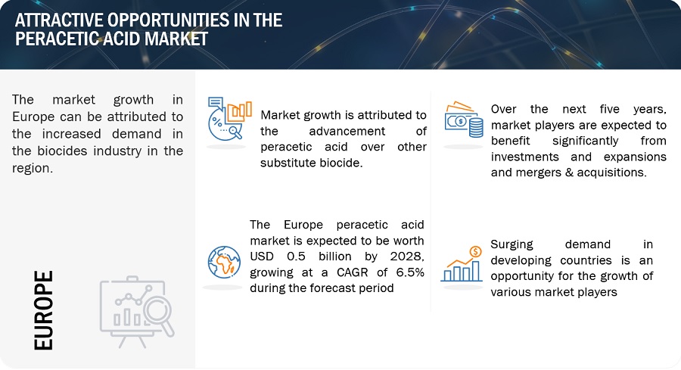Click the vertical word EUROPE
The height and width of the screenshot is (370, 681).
click(43, 310)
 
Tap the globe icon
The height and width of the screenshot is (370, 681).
click(224, 263)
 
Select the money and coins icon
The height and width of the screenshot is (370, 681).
click(464, 120)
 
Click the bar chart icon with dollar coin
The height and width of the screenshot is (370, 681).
click(462, 264)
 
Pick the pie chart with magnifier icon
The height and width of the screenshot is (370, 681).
click(230, 119)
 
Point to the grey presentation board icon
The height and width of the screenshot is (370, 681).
click(137, 312)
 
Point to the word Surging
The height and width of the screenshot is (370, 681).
click(512, 244)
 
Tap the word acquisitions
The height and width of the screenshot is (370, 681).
click(617, 173)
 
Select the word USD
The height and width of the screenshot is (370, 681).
click(262, 257)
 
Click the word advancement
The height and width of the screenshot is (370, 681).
click(347, 131)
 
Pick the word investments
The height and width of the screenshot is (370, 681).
click(524, 157)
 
